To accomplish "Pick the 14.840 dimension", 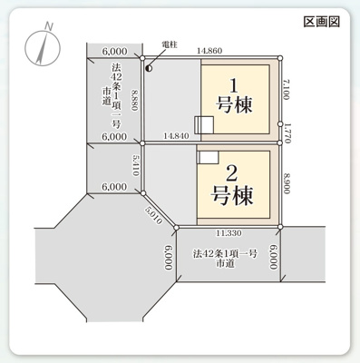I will pos(178,135).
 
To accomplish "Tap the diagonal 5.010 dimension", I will pos(151,214).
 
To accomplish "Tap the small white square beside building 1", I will pos(204,125).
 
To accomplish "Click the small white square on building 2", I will pos(208,156).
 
